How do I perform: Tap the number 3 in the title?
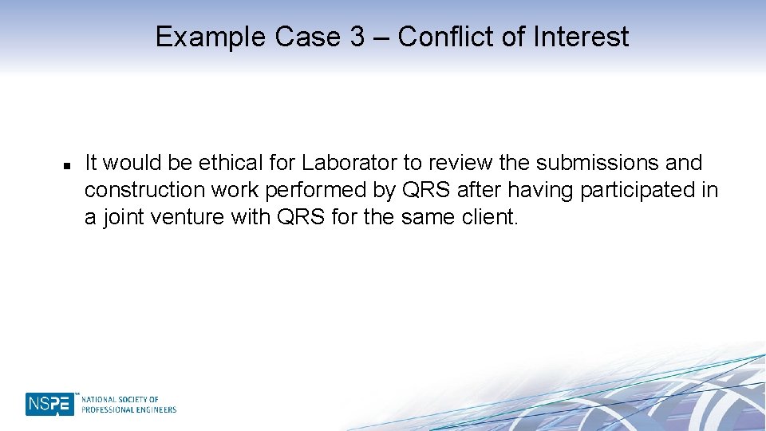tap(357, 37)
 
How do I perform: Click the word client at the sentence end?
tap(488, 216)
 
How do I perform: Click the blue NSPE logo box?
tap(49, 405)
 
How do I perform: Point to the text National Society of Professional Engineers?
tap(128, 405)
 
